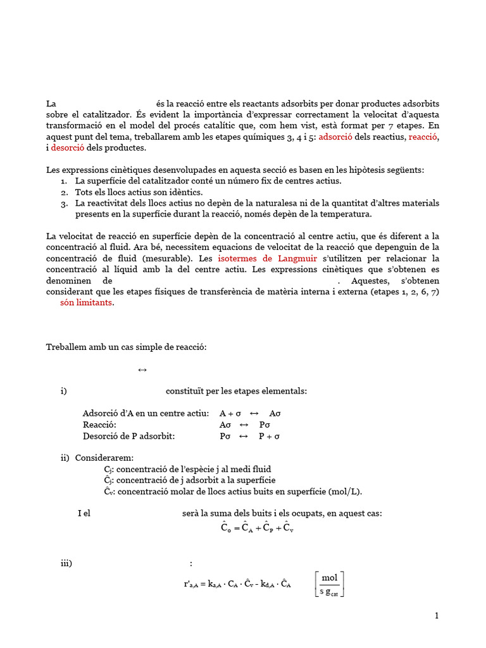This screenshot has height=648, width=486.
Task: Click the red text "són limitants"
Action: pos(87,302)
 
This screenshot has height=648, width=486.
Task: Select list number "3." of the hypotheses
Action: pos(64,203)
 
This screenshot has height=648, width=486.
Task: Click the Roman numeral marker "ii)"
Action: pos(65,458)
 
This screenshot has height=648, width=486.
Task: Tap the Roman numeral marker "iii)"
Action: pos(66,563)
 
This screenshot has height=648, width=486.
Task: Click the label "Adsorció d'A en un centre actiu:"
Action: pos(146,413)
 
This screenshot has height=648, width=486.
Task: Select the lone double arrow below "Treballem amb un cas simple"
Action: pos(142,370)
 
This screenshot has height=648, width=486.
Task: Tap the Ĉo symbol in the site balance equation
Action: pos(226,527)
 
